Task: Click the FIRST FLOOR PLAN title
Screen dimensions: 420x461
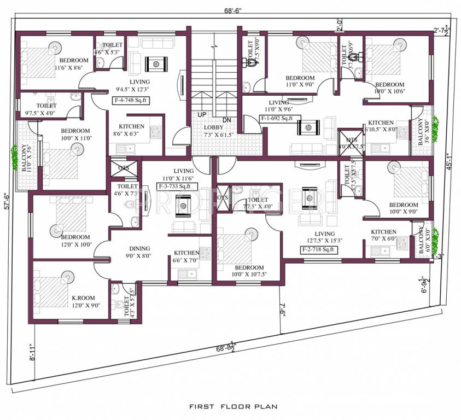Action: tap(234, 406)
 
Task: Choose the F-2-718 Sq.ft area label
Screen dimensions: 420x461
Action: tap(319, 249)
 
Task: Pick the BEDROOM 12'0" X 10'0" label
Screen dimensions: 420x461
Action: tap(75, 241)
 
